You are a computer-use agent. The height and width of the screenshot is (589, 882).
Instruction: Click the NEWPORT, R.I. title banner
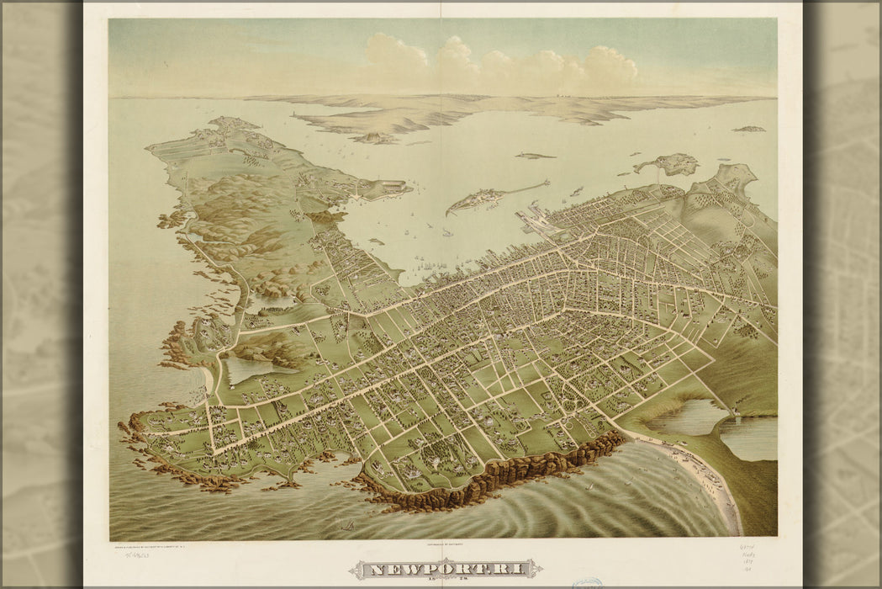441,570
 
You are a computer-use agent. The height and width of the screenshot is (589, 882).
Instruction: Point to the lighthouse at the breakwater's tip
547,181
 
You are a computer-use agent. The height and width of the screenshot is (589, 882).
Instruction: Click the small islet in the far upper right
747,129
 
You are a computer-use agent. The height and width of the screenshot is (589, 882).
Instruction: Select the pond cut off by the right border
748,438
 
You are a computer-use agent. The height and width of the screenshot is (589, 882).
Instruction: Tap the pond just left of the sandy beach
683,417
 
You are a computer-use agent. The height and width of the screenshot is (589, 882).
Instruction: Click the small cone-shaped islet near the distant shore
374,137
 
